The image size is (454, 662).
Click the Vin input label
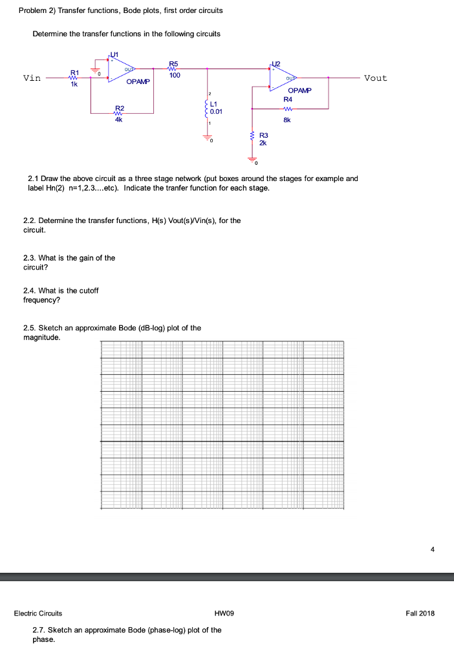coord(32,78)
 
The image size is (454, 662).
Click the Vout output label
coord(375,78)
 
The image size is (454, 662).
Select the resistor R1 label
coord(74,72)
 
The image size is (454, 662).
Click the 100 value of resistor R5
coord(175,76)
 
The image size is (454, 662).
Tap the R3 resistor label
coord(263,136)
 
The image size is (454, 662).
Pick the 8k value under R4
coord(288,120)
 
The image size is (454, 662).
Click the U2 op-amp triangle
coord(285,76)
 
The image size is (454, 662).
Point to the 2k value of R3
coord(263,143)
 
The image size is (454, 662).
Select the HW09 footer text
coord(224,613)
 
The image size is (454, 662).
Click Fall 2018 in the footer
coord(421,613)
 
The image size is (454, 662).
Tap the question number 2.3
coord(30,258)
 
